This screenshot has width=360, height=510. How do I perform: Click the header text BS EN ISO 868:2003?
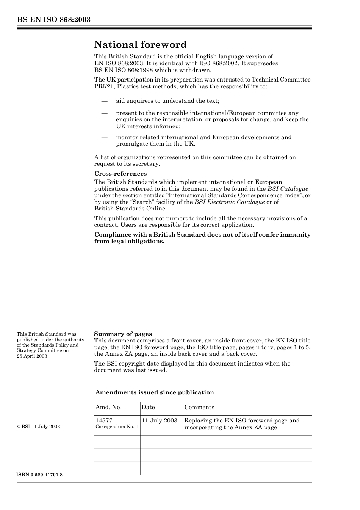click(x=53, y=20)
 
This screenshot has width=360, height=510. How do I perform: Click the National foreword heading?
click(x=140, y=45)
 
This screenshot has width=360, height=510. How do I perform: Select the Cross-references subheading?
click(x=121, y=174)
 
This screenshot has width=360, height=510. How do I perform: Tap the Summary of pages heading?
click(x=123, y=334)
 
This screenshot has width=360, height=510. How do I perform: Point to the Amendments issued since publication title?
click(x=155, y=392)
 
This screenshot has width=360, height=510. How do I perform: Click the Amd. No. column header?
click(x=108, y=407)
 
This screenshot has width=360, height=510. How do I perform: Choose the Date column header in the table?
click(x=148, y=407)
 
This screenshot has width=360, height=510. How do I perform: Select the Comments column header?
click(x=199, y=407)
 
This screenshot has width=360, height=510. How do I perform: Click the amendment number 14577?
click(x=104, y=420)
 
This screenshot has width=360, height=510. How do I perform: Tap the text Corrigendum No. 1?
click(x=117, y=427)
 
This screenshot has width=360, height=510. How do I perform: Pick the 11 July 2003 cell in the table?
click(x=160, y=420)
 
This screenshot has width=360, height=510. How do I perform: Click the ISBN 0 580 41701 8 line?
click(x=40, y=475)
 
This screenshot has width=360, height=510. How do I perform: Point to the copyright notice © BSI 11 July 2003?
click(x=38, y=427)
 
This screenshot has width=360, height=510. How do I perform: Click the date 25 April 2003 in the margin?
click(x=32, y=356)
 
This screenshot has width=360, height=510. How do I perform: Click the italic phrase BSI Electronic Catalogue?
click(x=229, y=202)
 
